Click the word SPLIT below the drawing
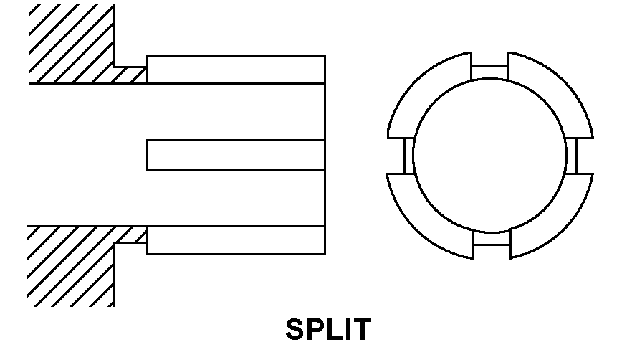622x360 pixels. (328, 330)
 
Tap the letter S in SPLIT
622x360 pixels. (295, 330)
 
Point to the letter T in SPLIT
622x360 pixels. (362, 330)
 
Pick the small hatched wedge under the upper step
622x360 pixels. (129, 75)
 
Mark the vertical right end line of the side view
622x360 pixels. (325, 154)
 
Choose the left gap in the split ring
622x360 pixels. (408, 155)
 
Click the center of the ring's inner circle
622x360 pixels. (490, 155)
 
